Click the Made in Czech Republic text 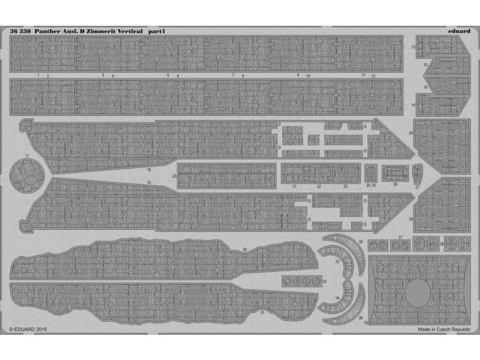tap(444, 330)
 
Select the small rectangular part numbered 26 tap(395, 173)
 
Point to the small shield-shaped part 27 tap(417, 174)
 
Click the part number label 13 tap(413, 47)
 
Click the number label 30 tap(245, 249)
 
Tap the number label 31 tap(262, 313)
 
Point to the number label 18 tap(149, 170)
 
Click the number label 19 tap(149, 182)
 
